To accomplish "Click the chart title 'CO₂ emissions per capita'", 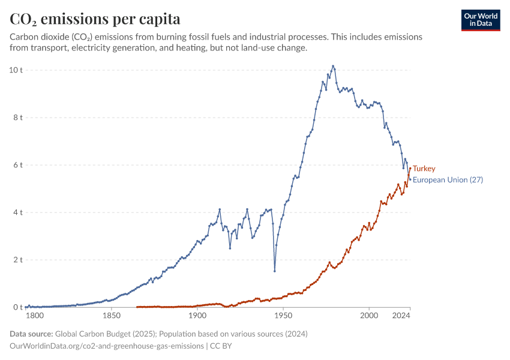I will click(x=95, y=19).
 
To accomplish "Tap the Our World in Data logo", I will click(x=481, y=20).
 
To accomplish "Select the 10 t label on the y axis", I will click(x=16, y=70).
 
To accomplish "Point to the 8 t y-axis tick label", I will click(x=18, y=118).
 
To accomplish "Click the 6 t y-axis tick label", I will click(x=18, y=165).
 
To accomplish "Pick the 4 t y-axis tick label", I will click(x=18, y=212).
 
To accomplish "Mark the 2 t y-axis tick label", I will click(x=18, y=260).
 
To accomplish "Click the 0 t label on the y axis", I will click(x=18, y=307).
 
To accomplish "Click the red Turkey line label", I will click(x=424, y=169).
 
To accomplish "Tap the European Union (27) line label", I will click(x=448, y=180).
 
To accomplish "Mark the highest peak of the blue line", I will click(x=333, y=66).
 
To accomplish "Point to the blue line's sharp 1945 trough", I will click(x=275, y=271).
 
